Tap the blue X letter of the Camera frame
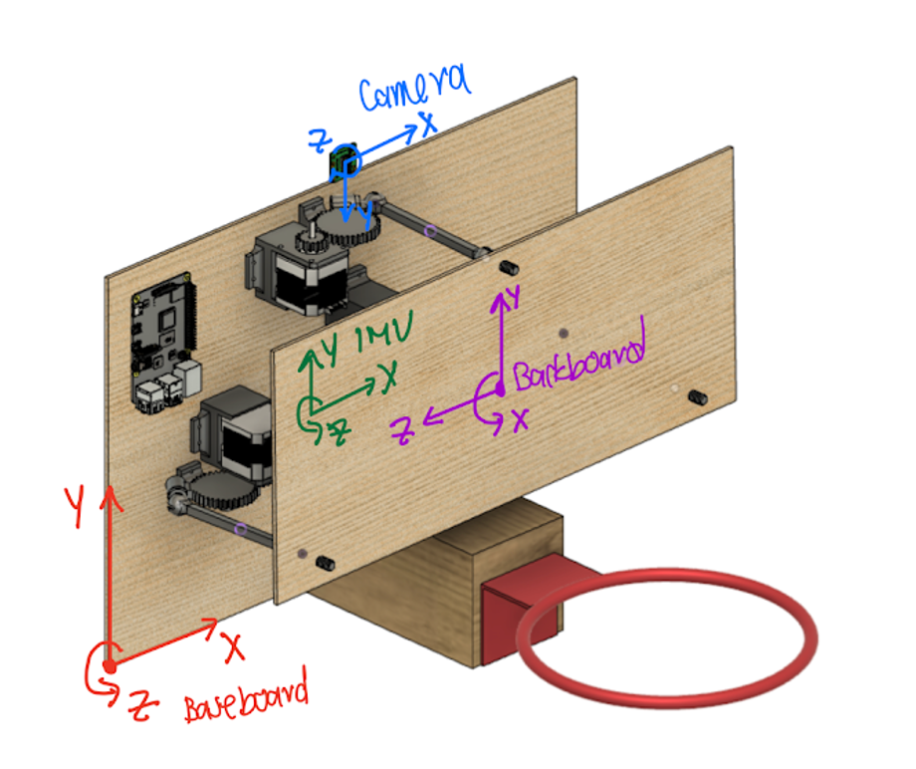(x=428, y=124)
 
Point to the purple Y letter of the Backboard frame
(x=515, y=296)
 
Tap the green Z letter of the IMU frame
(x=339, y=433)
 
